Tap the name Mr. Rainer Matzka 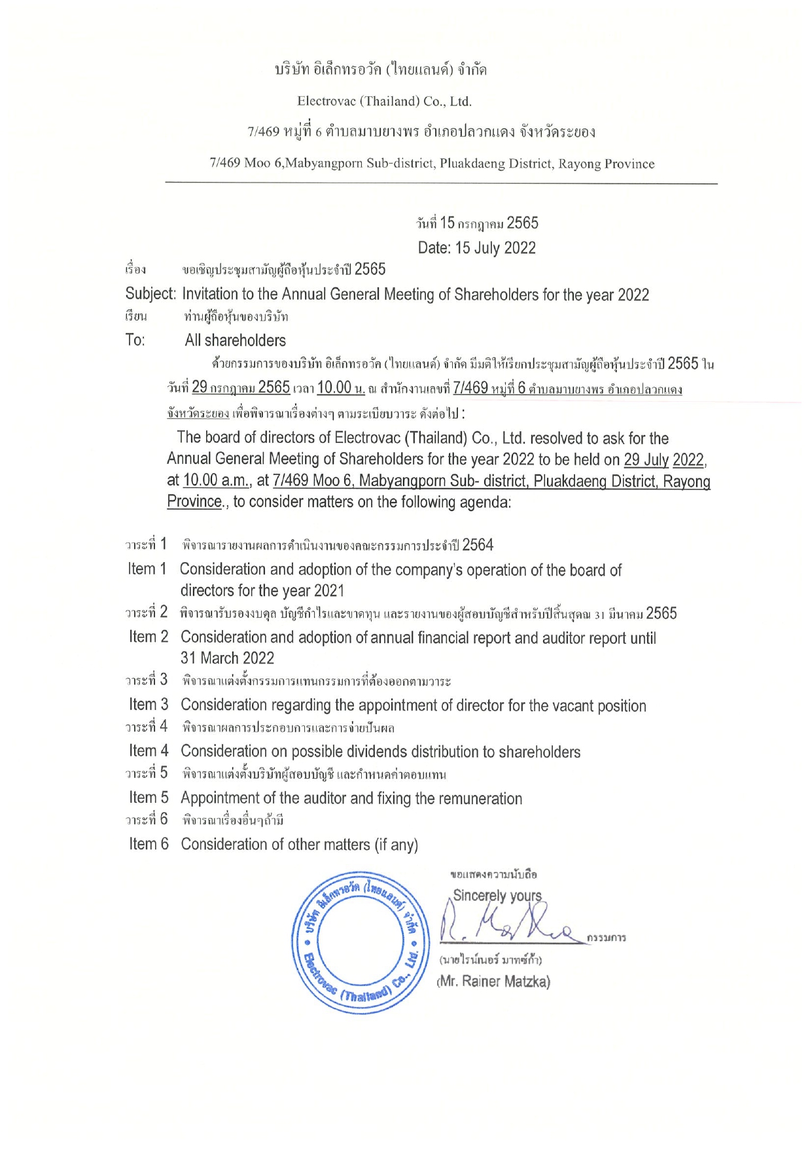point(493,981)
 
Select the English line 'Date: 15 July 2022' point(476,248)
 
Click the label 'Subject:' point(150,294)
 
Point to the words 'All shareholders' point(236,340)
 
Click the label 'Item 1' point(147,569)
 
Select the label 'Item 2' point(149,637)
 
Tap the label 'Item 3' point(149,705)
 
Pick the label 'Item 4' point(149,751)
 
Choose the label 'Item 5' point(149,798)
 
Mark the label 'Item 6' point(149,844)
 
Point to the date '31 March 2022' point(227,658)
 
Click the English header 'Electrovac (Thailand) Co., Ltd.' point(384,101)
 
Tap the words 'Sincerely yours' point(497,895)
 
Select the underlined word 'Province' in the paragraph point(194,502)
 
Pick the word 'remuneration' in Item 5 point(482,798)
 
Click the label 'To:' point(135,340)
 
